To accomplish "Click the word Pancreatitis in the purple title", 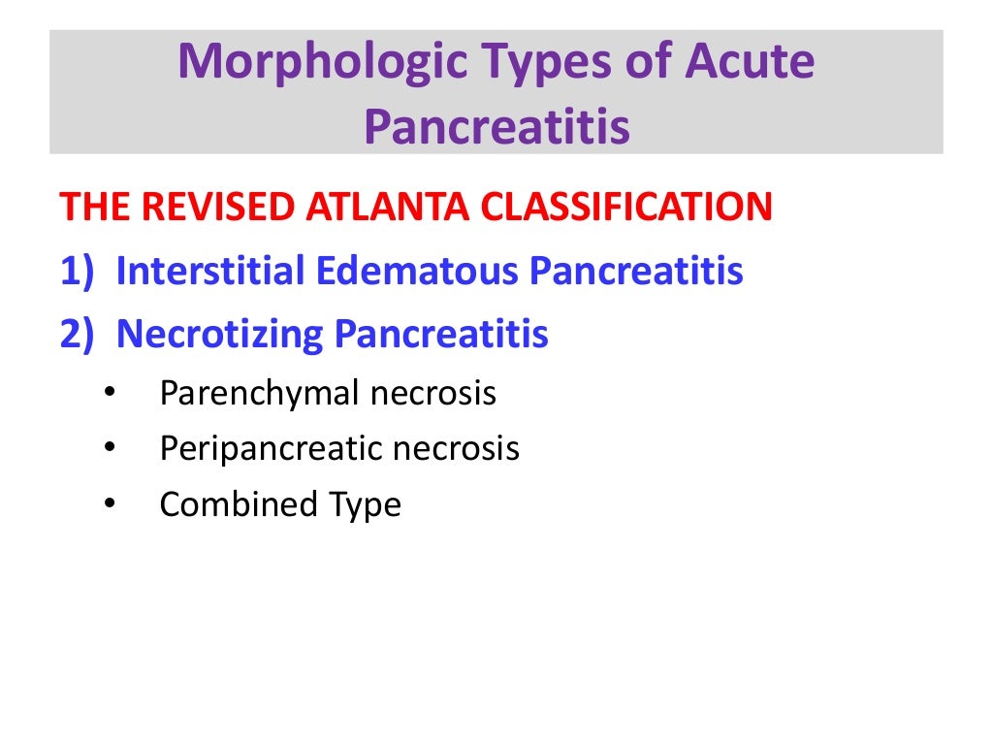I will coord(496,127).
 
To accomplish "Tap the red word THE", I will coord(93,207).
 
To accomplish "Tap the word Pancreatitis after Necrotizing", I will coord(441,335).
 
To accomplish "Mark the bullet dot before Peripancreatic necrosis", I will coord(108,449).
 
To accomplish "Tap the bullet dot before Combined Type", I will coord(108,504).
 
